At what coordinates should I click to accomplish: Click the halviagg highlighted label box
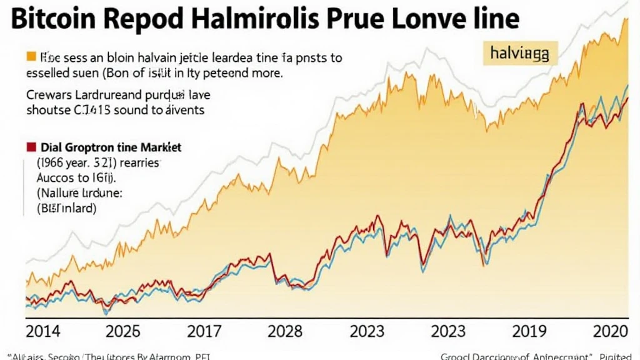[520, 55]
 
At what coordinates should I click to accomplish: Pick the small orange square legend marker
[30, 57]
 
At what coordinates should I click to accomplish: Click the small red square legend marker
[30, 148]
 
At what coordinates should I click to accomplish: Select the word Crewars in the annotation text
[50, 96]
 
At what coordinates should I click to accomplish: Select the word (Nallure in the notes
[59, 194]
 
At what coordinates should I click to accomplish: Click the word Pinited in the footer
[619, 357]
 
